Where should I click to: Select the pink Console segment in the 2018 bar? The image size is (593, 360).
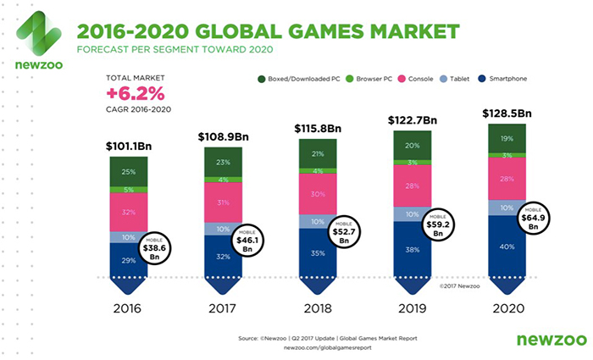pyautogui.click(x=317, y=193)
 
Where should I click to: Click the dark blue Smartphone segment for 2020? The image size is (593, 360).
pyautogui.click(x=507, y=246)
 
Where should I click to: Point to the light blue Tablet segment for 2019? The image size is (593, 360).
pyautogui.click(x=412, y=213)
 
